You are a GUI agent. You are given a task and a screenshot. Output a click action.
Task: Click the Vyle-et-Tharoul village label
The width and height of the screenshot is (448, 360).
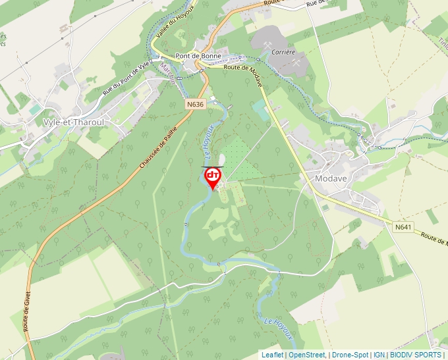click(x=74, y=122)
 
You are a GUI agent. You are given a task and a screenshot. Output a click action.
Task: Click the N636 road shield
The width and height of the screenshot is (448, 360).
click(x=195, y=104)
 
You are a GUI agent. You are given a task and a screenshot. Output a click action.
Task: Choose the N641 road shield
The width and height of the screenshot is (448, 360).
click(x=403, y=227)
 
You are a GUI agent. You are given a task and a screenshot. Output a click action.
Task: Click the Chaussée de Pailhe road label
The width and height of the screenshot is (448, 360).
click(x=159, y=147)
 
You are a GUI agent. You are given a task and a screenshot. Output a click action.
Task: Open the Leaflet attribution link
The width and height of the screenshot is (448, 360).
click(x=272, y=355)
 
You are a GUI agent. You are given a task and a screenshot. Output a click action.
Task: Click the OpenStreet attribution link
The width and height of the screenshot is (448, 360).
click(x=306, y=355)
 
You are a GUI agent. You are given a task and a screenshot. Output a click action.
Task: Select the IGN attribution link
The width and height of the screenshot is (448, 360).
click(x=379, y=355)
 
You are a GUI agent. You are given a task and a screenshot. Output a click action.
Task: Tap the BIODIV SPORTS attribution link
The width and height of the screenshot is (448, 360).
click(x=416, y=355)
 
